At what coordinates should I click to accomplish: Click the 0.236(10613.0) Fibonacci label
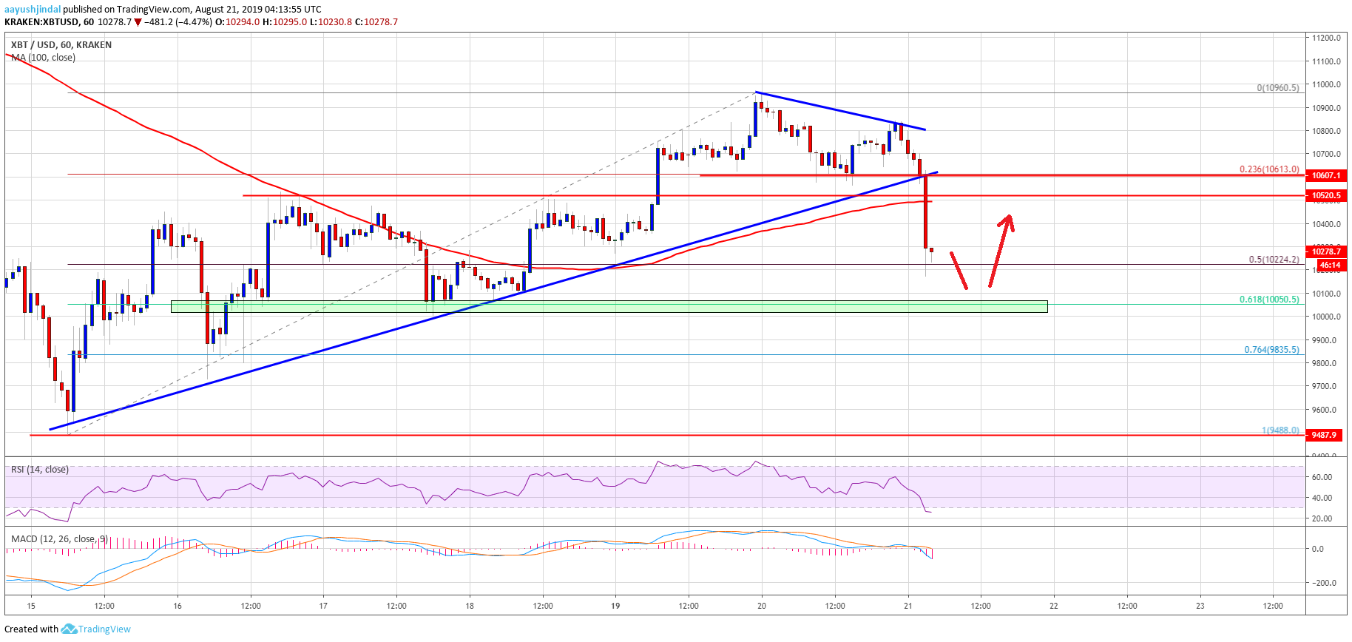pos(1269,169)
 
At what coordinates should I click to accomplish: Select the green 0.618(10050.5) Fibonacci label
pos(1269,300)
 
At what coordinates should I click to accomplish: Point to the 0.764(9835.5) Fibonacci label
pos(1271,350)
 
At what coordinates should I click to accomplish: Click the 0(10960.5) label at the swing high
pos(1277,88)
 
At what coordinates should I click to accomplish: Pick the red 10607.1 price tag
pos(1325,175)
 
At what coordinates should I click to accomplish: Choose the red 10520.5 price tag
pos(1325,195)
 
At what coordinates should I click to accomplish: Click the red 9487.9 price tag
pos(1324,435)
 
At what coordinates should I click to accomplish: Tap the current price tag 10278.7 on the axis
pos(1326,251)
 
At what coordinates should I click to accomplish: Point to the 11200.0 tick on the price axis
pos(1327,38)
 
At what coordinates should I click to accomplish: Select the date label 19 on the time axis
pos(615,606)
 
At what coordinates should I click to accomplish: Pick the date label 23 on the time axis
pos(1200,606)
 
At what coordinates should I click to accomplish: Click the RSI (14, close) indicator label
pos(40,470)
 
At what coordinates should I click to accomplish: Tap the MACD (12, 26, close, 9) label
pos(59,538)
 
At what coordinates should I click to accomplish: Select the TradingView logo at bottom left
pos(96,629)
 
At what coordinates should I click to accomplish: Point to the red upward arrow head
pos(1007,220)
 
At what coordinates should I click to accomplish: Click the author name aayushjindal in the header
pos(33,9)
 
